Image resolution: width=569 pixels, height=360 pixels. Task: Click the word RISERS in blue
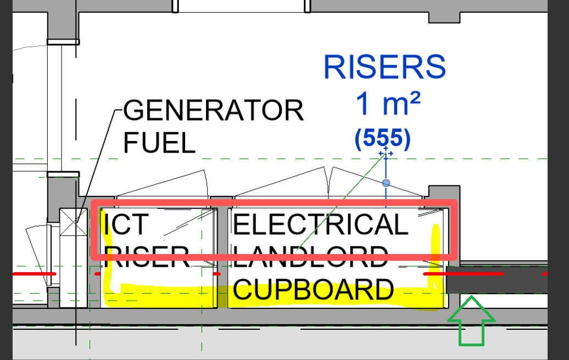384,67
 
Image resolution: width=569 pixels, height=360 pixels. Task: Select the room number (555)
383,139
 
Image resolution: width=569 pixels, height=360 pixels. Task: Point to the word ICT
125,224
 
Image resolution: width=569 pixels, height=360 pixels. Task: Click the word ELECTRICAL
321,224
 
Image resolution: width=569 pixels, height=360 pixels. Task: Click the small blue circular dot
386,183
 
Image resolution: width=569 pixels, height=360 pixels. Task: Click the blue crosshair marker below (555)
386,152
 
